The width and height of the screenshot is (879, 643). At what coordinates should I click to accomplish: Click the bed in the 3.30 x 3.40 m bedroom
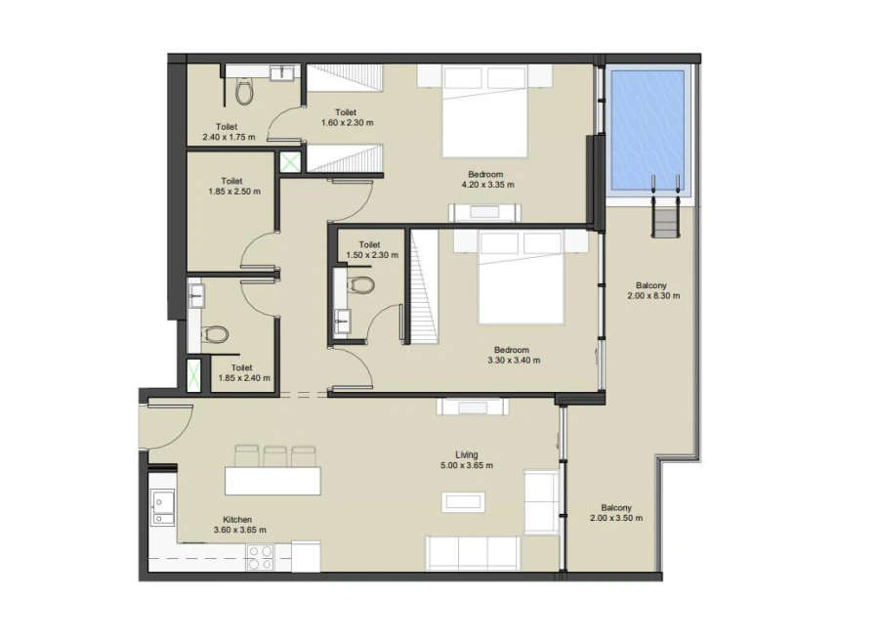tap(522, 278)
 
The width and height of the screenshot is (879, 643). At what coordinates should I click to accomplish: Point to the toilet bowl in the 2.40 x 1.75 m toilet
tap(244, 92)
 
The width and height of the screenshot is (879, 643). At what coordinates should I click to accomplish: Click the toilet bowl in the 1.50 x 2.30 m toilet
tap(361, 285)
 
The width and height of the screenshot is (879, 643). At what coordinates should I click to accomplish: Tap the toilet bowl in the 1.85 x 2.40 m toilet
tap(216, 335)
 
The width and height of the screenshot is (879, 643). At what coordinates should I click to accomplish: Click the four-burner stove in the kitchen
tap(260, 557)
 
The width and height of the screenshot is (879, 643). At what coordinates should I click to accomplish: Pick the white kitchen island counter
tap(273, 480)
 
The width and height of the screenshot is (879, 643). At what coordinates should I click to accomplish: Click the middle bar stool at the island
tap(275, 455)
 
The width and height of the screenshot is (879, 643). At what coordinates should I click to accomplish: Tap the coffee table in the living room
tap(464, 501)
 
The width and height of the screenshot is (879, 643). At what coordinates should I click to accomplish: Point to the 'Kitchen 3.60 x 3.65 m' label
tap(239, 525)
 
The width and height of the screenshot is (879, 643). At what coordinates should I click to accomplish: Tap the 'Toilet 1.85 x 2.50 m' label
tap(233, 187)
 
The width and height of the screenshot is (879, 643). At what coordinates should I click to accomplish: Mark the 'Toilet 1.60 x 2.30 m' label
tap(347, 117)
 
